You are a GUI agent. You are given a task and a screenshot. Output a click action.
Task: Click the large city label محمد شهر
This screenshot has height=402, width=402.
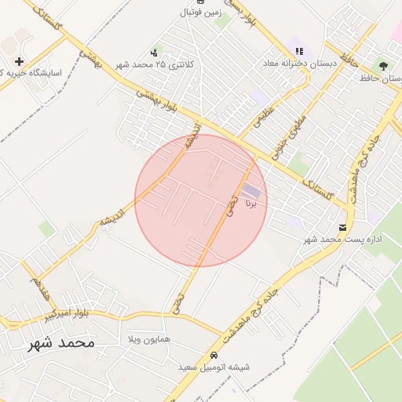[60, 343]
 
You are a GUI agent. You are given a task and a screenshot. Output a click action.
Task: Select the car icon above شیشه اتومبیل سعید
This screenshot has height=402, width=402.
[214, 355]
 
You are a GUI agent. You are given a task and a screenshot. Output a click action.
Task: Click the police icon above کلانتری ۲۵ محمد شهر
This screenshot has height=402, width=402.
[153, 52]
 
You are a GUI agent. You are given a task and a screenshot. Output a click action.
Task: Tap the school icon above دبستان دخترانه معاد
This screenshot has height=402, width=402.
[298, 50]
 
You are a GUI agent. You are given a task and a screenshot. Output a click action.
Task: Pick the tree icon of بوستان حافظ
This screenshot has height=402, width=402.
[383, 66]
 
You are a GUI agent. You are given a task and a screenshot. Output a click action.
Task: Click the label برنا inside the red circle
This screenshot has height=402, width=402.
[251, 203]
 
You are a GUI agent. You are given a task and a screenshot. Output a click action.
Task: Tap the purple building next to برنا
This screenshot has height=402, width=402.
[251, 191]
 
